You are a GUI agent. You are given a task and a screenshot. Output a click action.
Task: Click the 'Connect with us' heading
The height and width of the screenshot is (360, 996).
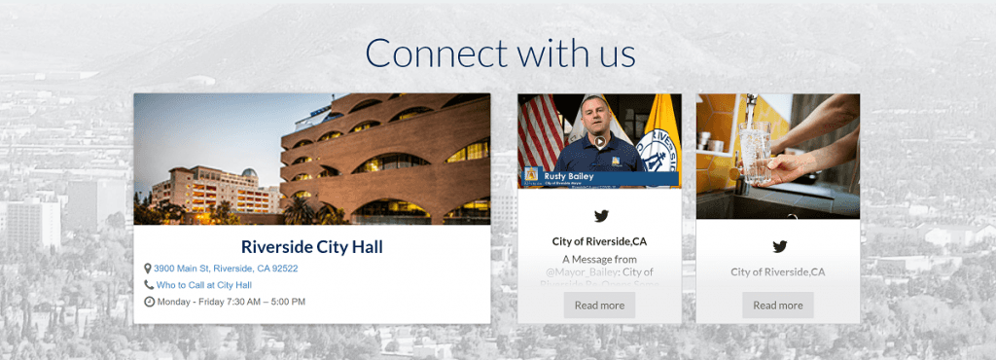point(500,53)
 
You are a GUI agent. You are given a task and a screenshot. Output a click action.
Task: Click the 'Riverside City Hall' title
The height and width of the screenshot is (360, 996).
point(311,247)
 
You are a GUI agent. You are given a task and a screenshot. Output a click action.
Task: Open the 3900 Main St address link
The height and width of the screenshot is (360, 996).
point(226,269)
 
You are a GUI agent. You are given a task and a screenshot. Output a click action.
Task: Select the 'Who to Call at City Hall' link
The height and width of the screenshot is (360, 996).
point(204,285)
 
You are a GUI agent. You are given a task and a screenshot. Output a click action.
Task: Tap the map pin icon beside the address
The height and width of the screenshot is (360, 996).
point(148,269)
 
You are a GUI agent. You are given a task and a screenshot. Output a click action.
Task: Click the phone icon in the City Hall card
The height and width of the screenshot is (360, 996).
point(149,285)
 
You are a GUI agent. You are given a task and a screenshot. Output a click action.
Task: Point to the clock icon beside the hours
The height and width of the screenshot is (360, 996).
point(149,302)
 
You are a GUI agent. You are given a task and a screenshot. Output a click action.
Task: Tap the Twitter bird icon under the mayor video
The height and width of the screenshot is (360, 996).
point(600,216)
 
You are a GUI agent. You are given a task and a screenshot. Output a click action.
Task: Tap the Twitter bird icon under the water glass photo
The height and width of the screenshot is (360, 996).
point(778,246)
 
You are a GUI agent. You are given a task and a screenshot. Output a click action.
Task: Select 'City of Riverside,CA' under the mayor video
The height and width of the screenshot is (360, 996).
point(599,240)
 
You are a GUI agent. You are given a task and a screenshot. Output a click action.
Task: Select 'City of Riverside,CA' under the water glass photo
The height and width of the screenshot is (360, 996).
point(778,271)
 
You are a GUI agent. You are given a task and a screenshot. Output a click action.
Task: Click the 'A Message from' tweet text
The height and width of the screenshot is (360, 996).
point(599,259)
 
